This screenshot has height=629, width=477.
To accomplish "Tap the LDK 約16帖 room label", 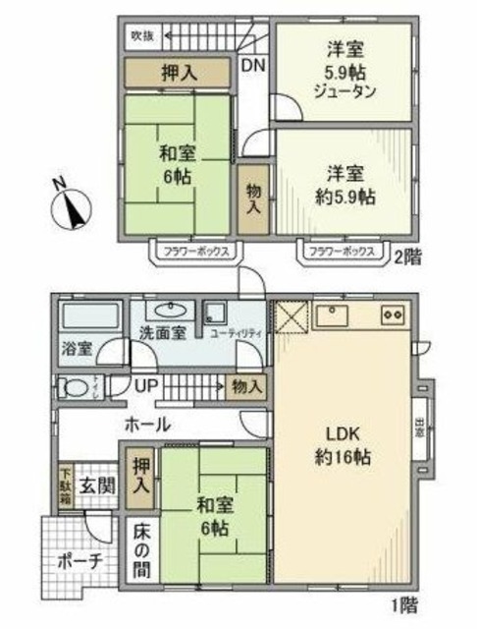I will (343, 446).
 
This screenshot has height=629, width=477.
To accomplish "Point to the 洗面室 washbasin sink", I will (163, 307).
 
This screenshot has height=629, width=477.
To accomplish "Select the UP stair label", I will (145, 384).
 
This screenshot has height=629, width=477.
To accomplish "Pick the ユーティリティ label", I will (237, 334).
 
